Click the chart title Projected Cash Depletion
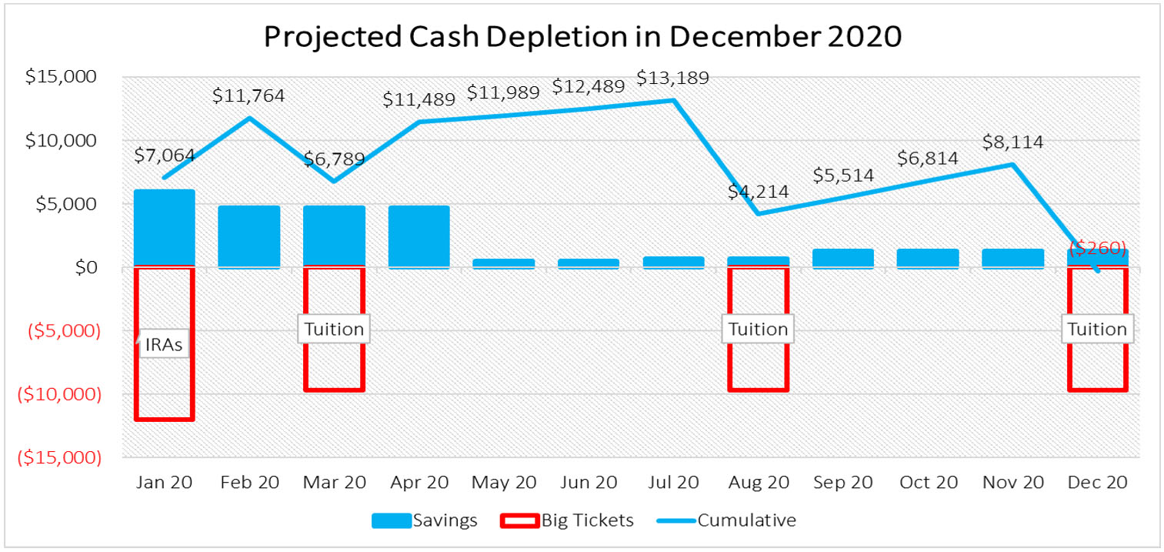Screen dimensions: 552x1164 (x=582, y=37)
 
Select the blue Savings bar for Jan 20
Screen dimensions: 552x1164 (x=164, y=228)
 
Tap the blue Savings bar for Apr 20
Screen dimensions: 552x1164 (x=419, y=236)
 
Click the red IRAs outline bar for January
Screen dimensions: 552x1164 (x=164, y=419)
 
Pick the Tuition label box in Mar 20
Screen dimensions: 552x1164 (x=333, y=330)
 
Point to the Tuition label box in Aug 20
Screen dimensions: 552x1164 (x=758, y=330)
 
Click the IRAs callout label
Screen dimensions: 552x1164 (x=164, y=345)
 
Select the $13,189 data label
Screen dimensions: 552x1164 (x=672, y=79)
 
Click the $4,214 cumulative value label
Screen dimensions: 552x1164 (x=758, y=192)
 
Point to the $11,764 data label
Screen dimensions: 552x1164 (x=248, y=96)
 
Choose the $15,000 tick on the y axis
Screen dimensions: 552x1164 (x=68, y=78)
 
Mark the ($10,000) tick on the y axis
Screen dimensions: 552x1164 (x=62, y=394)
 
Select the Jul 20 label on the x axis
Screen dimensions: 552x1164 (x=672, y=483)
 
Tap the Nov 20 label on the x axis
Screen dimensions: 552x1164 (x=1012, y=483)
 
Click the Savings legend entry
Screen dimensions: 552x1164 (x=425, y=520)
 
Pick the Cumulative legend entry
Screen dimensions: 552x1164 (x=727, y=520)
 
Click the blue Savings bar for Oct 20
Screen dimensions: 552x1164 (x=927, y=258)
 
